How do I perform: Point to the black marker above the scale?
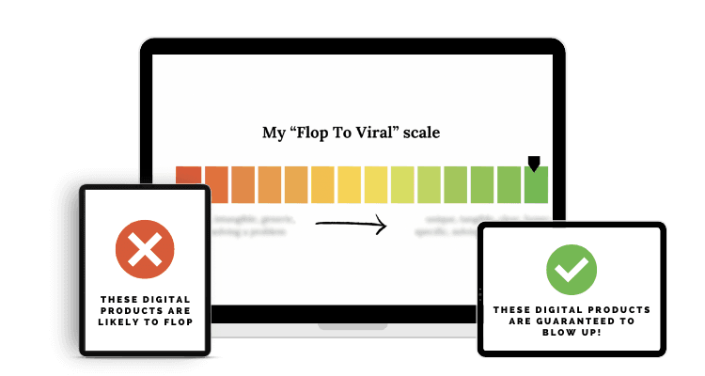(534, 164)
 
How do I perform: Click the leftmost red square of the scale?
(189, 183)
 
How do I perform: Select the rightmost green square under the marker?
(536, 185)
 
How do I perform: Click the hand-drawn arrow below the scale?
(351, 225)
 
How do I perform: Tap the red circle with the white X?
(144, 249)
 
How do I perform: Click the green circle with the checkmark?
(572, 270)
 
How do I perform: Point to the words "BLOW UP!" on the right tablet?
(572, 332)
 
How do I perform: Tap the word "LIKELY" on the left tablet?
(124, 322)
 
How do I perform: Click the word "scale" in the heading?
(421, 133)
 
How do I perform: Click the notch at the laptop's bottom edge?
(352, 327)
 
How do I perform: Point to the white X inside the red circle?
(144, 249)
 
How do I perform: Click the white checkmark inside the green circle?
(572, 271)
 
